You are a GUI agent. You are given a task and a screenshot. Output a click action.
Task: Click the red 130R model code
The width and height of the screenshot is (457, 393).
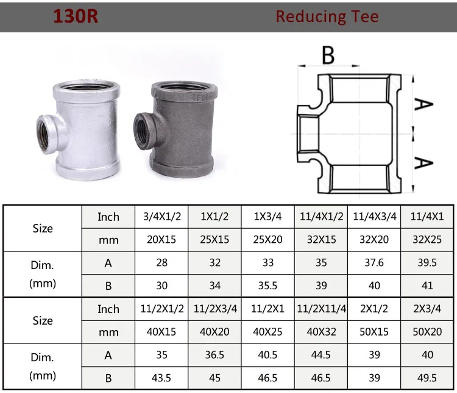75,16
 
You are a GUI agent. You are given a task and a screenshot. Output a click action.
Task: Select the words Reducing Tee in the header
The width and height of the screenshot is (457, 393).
327,16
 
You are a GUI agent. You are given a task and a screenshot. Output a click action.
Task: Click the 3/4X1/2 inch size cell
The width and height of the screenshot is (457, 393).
162,217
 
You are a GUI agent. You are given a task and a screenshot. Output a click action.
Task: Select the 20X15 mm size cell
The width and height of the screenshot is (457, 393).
162,239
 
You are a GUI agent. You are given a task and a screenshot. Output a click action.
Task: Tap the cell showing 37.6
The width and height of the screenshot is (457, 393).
374,262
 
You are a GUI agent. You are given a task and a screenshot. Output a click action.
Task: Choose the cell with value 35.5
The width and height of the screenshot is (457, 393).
268,285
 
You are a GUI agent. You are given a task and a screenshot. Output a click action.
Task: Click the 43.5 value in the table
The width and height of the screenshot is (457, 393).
162,377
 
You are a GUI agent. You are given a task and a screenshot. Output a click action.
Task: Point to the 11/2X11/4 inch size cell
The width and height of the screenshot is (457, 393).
321,309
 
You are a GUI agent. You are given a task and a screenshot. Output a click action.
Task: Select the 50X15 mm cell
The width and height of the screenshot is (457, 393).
374,331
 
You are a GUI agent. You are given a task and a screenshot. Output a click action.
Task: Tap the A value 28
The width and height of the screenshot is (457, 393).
162,262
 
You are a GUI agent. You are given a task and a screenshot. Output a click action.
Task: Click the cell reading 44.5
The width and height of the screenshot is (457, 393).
321,355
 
